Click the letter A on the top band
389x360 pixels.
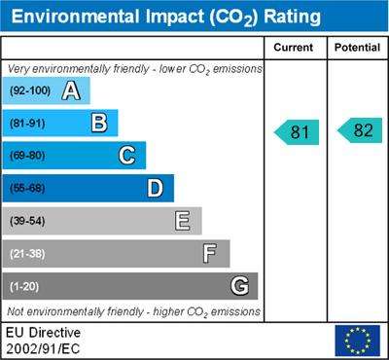[x=71, y=90]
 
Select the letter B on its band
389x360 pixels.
[x=99, y=123]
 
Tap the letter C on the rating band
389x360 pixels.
[x=127, y=156]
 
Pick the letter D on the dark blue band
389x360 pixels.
[x=155, y=188]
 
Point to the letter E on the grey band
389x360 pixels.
[x=183, y=221]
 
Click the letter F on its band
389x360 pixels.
[x=210, y=253]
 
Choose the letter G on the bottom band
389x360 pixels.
[x=240, y=286]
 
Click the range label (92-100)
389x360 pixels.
[x=30, y=90]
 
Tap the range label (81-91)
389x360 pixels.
[x=27, y=124]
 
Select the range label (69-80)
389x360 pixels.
[x=27, y=156]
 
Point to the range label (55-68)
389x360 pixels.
[x=27, y=189]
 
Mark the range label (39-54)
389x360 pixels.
[x=27, y=221]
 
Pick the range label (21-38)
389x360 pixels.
[x=27, y=254]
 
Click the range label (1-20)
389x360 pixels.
[x=24, y=287]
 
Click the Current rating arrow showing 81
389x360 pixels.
[x=297, y=132]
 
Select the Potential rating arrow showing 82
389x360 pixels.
[x=360, y=130]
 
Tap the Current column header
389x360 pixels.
[x=294, y=48]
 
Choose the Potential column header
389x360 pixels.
[x=357, y=48]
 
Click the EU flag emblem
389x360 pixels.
[x=358, y=341]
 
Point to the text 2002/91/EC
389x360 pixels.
[x=43, y=349]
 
